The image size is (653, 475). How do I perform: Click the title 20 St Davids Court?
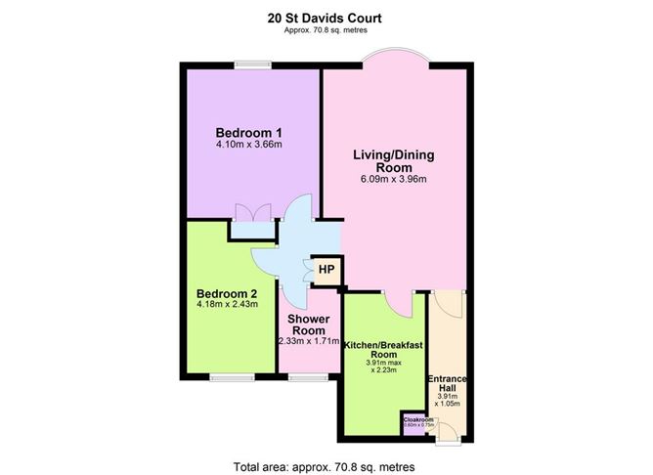pos(326,17)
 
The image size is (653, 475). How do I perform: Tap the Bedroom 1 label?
pos(249,133)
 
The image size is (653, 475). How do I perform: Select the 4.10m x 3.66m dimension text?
pos(249,146)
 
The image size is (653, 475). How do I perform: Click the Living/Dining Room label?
pos(394,160)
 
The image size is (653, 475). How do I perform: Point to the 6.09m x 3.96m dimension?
pos(394,180)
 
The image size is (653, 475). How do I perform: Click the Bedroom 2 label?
pos(227,293)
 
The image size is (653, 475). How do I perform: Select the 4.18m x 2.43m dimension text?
pos(227,306)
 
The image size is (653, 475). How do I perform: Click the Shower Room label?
pos(309,325)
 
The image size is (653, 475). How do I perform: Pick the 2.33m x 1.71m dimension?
pos(309,341)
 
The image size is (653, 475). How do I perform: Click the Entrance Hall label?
pos(448,384)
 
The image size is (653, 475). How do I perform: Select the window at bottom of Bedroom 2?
pos(231,376)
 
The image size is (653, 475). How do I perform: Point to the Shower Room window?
pos(309,376)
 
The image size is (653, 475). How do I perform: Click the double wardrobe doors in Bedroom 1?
pos(252,212)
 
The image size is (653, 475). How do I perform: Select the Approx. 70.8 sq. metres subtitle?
pos(326,29)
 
